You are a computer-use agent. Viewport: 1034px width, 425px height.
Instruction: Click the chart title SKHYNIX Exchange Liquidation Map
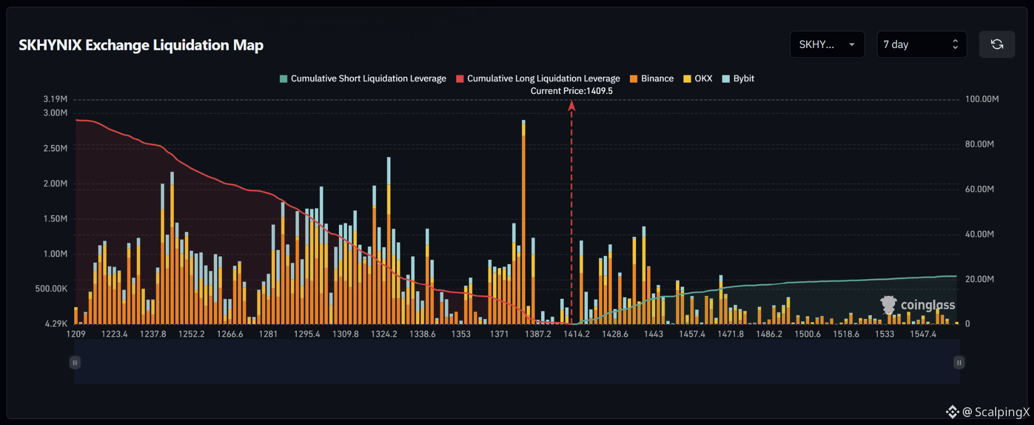click(x=141, y=45)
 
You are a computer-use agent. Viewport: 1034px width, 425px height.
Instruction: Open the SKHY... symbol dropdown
click(x=827, y=44)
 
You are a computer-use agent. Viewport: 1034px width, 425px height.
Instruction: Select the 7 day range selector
click(x=921, y=44)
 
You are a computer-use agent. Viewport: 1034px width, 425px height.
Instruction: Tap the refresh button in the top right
click(x=997, y=44)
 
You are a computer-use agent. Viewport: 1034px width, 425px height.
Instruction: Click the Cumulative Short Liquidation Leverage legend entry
click(x=363, y=79)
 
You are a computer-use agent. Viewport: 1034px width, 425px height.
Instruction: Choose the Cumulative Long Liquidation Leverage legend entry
click(x=538, y=79)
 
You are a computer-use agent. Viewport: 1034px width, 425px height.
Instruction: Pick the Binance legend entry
click(x=652, y=79)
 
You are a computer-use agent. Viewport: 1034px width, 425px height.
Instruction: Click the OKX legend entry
click(x=698, y=79)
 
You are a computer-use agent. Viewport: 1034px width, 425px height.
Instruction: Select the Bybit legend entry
click(x=738, y=79)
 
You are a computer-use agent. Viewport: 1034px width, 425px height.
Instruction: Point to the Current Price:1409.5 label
click(x=571, y=91)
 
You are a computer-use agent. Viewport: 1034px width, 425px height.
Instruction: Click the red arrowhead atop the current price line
click(x=571, y=105)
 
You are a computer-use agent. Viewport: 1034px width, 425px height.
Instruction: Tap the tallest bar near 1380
click(x=523, y=222)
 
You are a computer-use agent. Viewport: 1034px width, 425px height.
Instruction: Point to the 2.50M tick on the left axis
click(x=55, y=148)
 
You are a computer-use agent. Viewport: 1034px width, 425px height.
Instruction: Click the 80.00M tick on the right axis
click(x=979, y=144)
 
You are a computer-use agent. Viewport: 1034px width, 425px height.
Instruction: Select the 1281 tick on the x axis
click(x=268, y=334)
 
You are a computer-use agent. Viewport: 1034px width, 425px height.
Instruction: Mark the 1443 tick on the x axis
click(x=653, y=334)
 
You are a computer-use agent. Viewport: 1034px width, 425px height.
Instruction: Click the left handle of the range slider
click(x=75, y=362)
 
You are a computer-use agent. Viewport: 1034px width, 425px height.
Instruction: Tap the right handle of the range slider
click(x=959, y=362)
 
